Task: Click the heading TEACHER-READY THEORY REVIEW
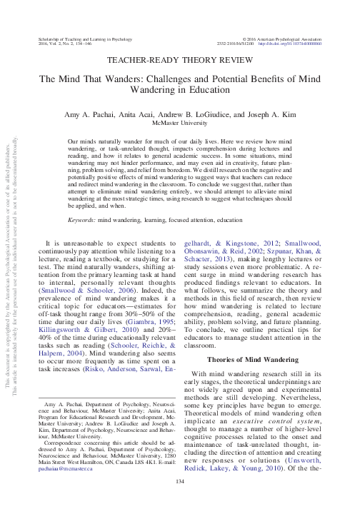click(x=179, y=63)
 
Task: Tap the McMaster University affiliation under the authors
click(x=180, y=122)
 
